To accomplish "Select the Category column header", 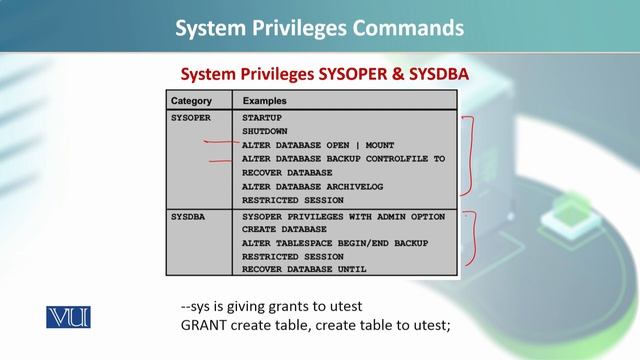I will click(x=191, y=101).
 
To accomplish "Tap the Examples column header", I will click(x=265, y=101).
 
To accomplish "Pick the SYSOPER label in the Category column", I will click(x=191, y=117).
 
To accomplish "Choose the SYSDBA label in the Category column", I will click(x=188, y=215).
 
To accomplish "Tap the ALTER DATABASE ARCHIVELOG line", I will click(x=312, y=186).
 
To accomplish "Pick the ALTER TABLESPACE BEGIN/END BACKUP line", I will click(x=334, y=243).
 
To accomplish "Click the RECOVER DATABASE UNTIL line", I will click(x=304, y=269).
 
